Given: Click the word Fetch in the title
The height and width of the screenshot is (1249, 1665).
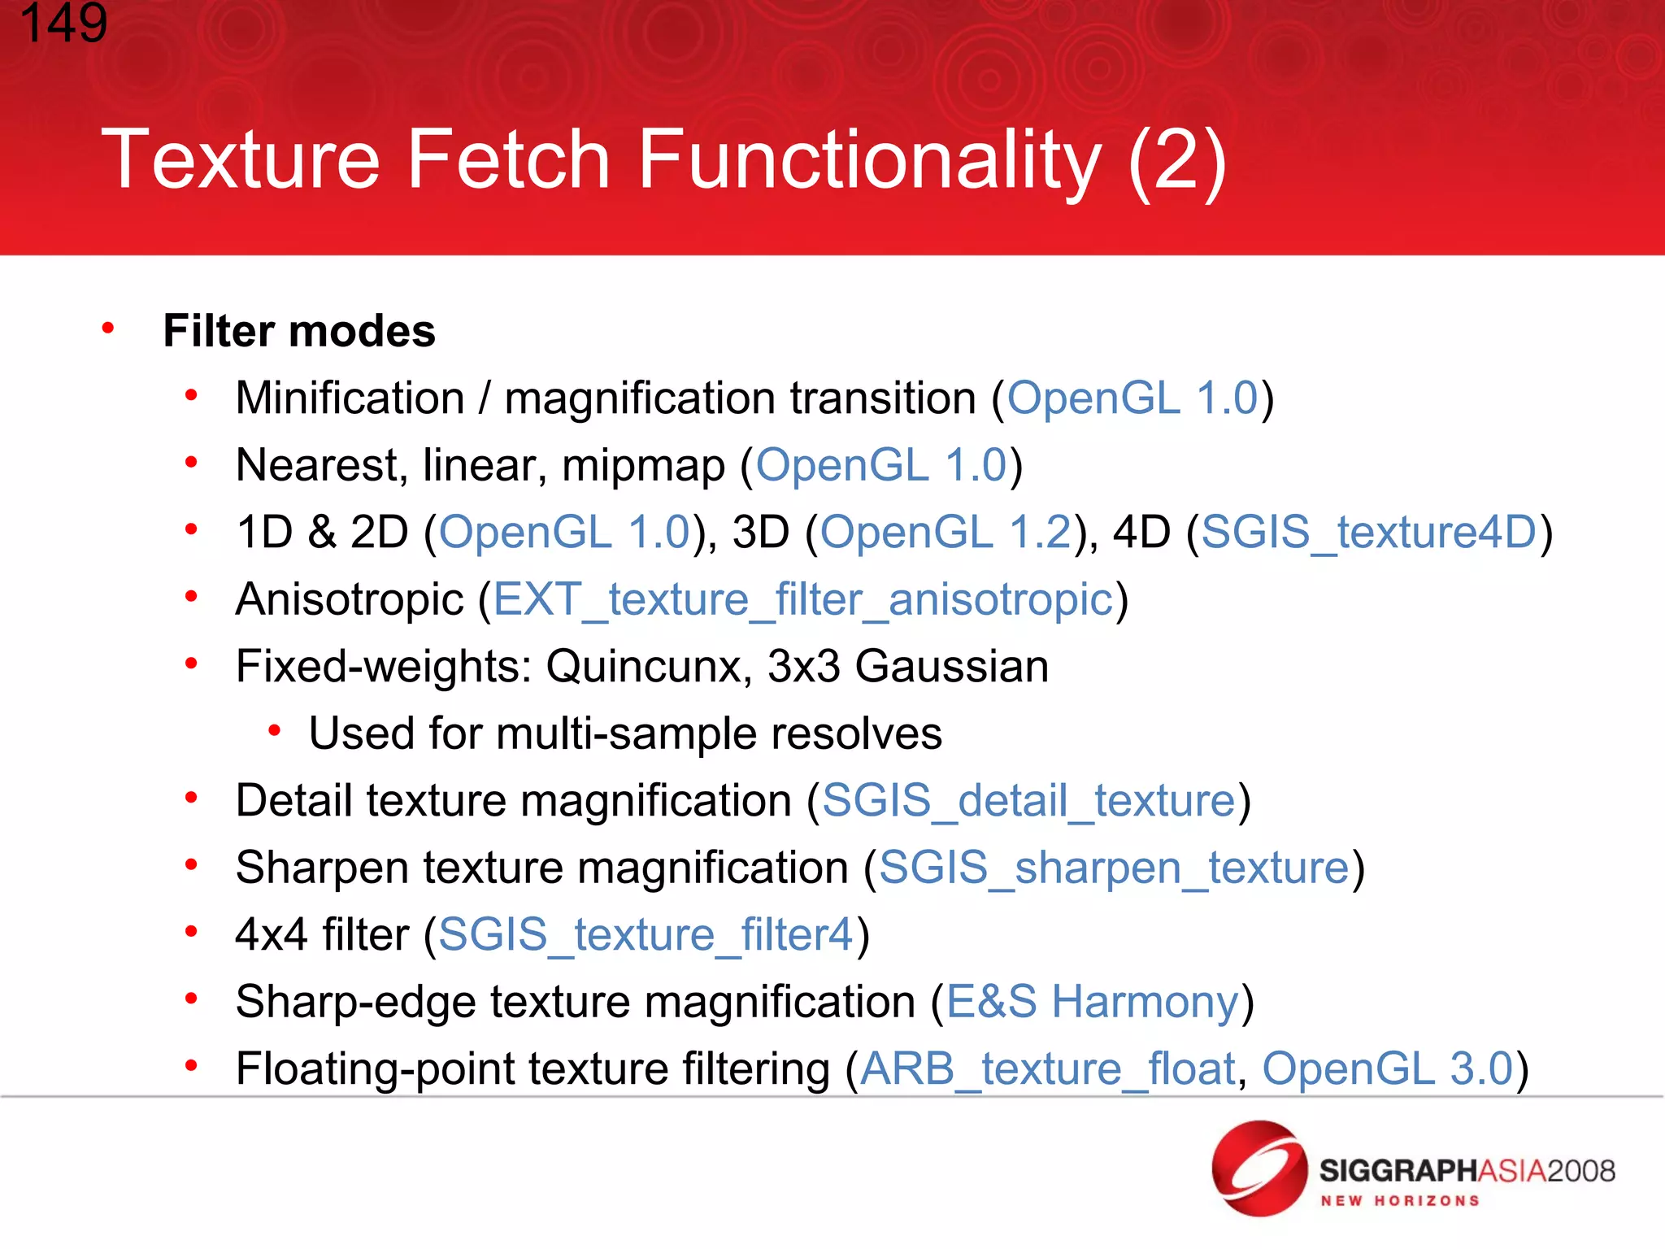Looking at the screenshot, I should pos(507,159).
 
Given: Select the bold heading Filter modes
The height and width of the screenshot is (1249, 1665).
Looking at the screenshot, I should pos(299,331).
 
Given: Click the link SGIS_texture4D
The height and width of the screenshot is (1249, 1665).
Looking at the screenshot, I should pos(1368,533).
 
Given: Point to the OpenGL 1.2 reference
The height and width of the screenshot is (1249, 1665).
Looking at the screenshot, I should pos(946,533).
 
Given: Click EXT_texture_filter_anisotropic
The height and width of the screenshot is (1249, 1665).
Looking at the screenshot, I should pos(802,600).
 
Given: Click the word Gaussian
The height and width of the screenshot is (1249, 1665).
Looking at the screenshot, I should pos(951,667).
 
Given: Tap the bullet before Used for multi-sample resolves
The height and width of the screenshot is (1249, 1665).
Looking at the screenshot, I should pos(275,732).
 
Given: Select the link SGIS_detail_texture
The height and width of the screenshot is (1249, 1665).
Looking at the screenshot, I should pos(1028,801).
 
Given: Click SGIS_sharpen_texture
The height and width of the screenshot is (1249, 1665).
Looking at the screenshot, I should pos(1114,868).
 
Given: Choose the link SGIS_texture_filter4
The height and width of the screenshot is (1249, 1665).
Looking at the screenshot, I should pos(646,934).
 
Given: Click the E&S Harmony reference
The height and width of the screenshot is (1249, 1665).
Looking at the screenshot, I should pos(1092,1002).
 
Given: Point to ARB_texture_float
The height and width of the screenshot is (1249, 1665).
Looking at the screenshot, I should pos(1047,1068).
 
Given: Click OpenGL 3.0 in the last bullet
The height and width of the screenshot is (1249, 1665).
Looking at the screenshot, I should pos(1387,1068).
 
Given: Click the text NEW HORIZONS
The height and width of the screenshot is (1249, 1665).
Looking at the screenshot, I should pos(1399,1201).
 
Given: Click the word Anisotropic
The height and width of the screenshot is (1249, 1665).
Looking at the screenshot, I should pos(350,600).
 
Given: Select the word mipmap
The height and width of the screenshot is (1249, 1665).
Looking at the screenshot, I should pos(643,466).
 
